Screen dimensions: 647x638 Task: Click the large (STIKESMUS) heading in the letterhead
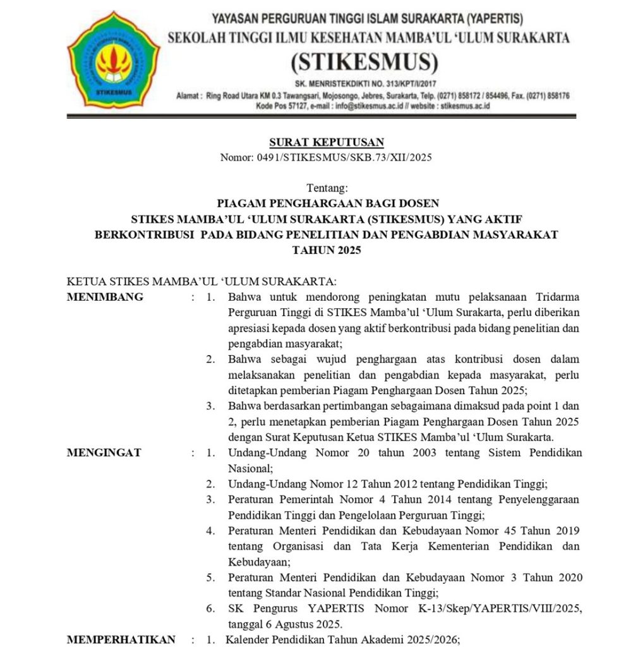(364, 62)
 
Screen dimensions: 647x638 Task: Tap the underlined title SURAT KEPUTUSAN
(327, 142)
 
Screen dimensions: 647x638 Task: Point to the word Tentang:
(327, 188)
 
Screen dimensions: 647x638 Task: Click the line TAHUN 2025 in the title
(327, 250)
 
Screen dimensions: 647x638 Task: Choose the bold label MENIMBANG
(105, 297)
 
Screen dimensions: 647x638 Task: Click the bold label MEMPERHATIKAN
(121, 639)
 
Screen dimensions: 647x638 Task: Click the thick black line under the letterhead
(321, 116)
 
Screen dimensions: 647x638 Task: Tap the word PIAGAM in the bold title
(238, 203)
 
